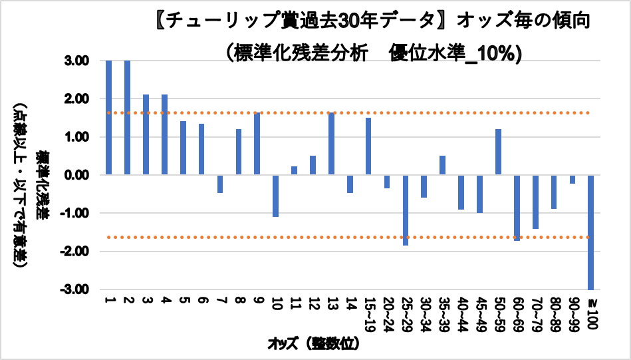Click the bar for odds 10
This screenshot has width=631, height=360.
275,196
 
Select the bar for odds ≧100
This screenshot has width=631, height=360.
590,232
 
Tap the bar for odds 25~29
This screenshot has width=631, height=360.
406,210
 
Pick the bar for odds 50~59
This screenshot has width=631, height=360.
498,152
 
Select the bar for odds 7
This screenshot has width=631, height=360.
220,184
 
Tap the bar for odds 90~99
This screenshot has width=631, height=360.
572,179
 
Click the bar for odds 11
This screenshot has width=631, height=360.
294,170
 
